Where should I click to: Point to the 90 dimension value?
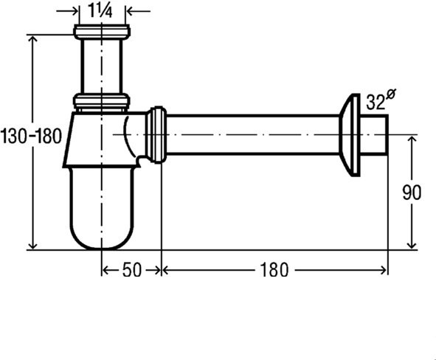point(412,193)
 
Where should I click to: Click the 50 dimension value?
point(131,270)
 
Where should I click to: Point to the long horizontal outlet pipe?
point(251,134)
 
